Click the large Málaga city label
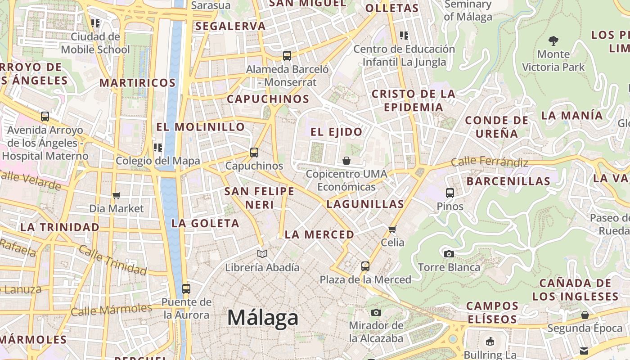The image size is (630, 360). (262, 318)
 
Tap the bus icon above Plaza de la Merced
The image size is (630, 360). (365, 266)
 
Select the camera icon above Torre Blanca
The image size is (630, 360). (449, 254)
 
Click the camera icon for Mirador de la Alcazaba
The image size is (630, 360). (376, 312)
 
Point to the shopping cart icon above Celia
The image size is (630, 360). (392, 229)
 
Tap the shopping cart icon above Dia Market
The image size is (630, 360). (117, 195)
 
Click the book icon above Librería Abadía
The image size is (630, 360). (262, 254)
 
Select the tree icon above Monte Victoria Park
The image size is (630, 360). (553, 41)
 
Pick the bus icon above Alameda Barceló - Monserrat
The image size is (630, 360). (287, 56)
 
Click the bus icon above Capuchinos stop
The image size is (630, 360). (254, 153)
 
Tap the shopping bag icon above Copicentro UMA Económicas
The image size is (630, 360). (346, 161)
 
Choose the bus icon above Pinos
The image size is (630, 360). (450, 193)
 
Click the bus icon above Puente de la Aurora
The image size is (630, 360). (186, 288)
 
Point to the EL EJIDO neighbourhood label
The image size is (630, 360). (337, 132)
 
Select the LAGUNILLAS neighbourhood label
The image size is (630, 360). (365, 204)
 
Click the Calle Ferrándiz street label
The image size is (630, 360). (490, 162)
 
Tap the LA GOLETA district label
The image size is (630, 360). (205, 223)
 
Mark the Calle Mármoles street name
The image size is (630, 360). (112, 310)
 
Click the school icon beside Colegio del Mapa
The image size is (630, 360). (158, 148)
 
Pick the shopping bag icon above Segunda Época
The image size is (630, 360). (585, 315)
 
